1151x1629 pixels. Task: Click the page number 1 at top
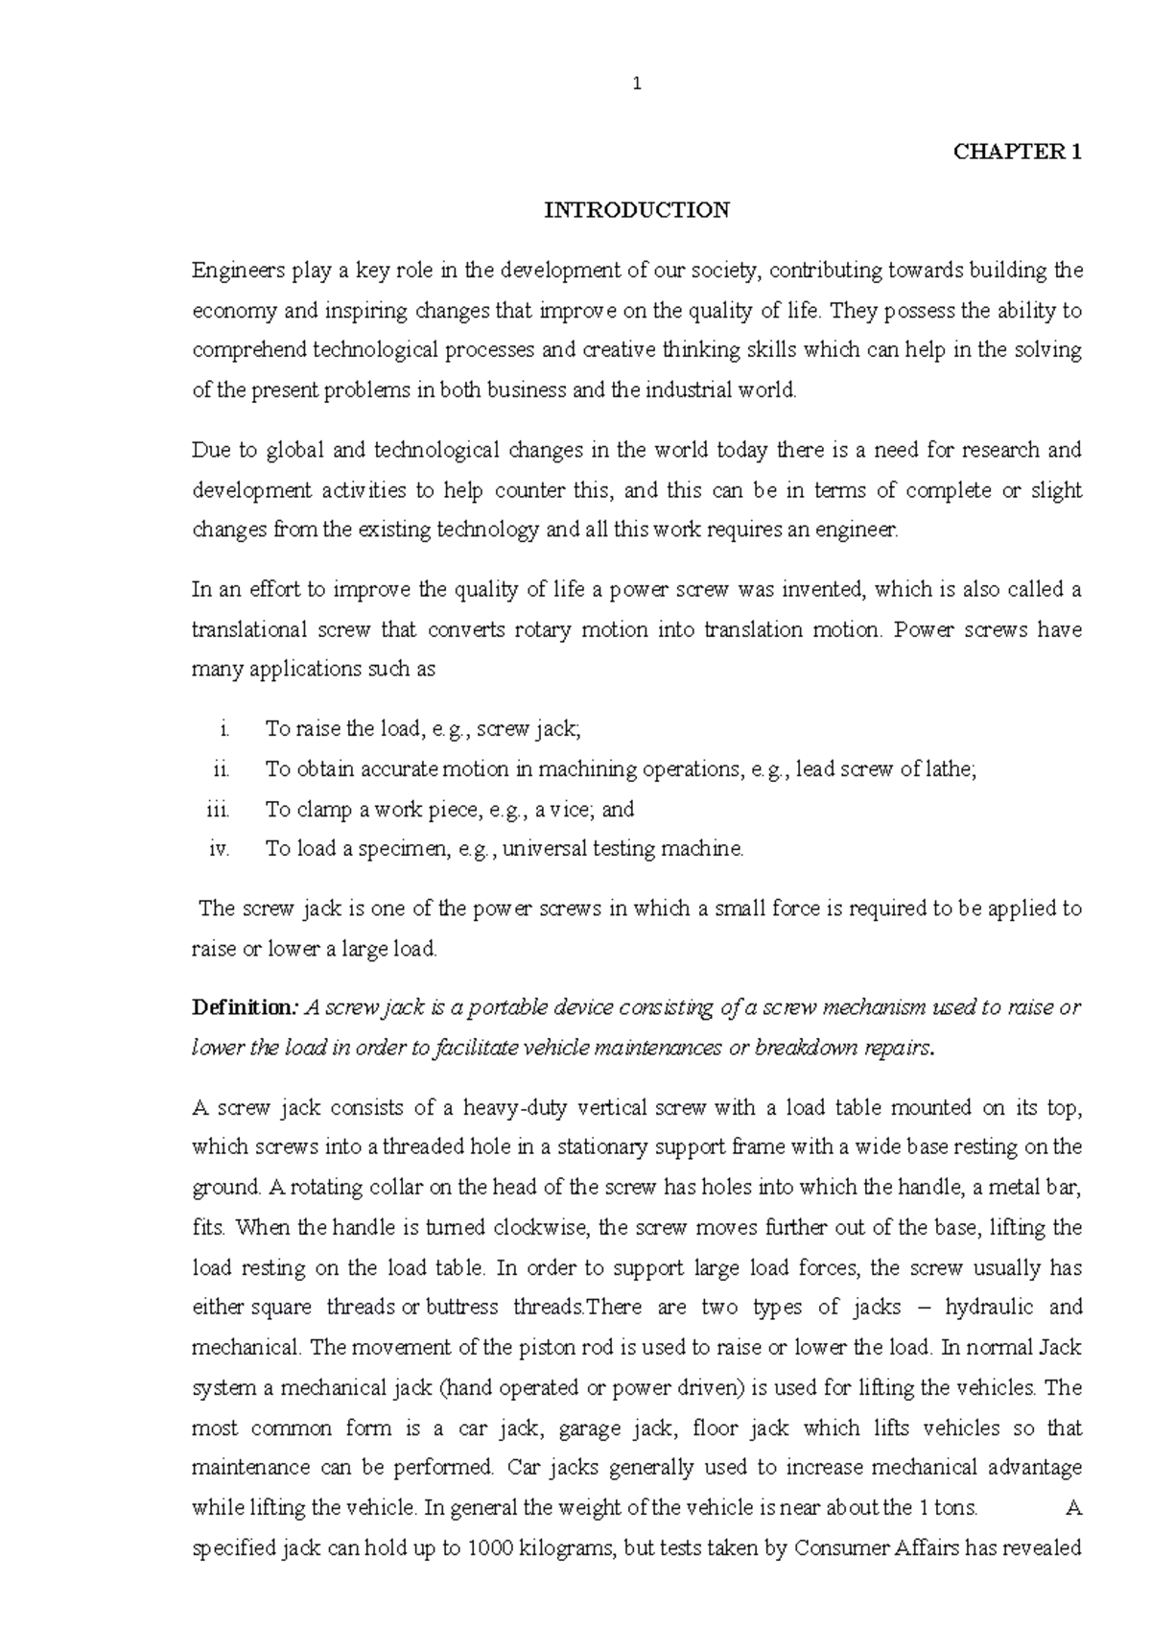[x=637, y=84]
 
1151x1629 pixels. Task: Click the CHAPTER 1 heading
[x=1017, y=152]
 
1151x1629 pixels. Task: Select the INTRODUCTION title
[x=637, y=210]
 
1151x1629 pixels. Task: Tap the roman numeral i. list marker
[x=223, y=730]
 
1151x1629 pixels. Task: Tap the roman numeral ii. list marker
[x=222, y=769]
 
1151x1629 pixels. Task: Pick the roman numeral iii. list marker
[x=219, y=810]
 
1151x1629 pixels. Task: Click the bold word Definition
[x=246, y=1008]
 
